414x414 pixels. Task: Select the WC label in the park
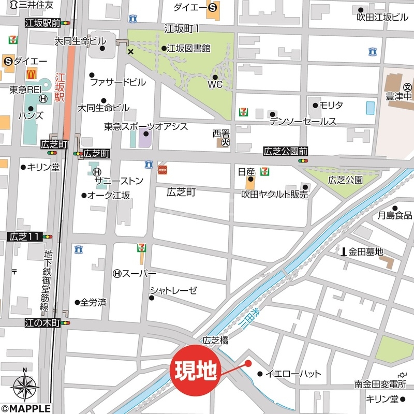click(215, 84)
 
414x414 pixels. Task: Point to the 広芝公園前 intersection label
click(286, 152)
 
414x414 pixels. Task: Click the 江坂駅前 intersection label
click(42, 23)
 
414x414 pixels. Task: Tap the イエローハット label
click(293, 374)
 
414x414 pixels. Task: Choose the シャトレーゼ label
click(174, 290)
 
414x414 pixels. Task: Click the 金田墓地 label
click(365, 252)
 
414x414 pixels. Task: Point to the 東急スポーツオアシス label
click(146, 126)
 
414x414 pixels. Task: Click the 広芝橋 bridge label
click(216, 341)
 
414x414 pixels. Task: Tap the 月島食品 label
click(395, 215)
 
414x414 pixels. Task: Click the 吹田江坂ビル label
click(382, 17)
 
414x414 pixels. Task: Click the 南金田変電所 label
click(380, 384)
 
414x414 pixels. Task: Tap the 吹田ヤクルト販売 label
click(275, 195)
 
